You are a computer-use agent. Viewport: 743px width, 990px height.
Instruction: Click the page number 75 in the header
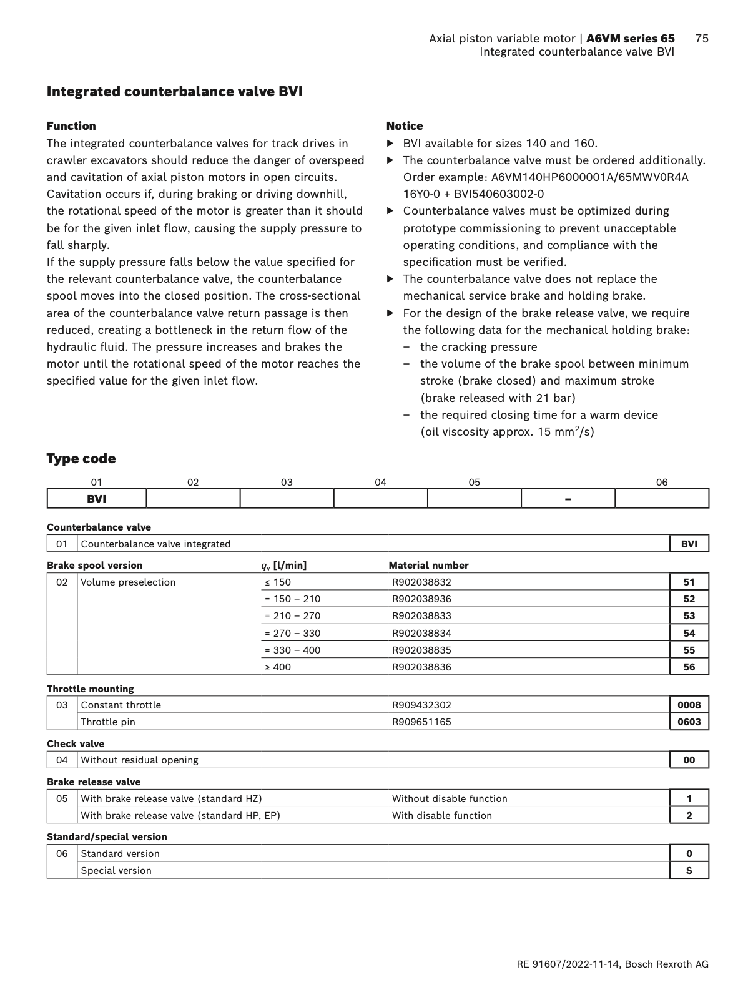click(701, 39)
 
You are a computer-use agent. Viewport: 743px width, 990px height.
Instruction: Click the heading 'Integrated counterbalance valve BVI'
click(175, 92)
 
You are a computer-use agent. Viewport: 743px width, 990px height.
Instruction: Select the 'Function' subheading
click(71, 126)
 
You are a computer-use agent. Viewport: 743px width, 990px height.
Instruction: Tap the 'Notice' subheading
click(405, 126)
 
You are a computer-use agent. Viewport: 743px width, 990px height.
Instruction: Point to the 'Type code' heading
click(81, 459)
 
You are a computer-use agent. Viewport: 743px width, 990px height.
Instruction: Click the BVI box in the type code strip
click(97, 499)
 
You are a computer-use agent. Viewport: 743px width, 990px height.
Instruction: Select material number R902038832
click(421, 582)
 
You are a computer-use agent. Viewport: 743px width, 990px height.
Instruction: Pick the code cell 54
click(689, 634)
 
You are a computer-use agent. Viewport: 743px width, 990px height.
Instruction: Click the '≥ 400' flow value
click(277, 667)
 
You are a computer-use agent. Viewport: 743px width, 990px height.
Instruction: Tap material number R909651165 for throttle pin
click(421, 722)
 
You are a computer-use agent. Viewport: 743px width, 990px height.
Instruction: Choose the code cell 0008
click(689, 705)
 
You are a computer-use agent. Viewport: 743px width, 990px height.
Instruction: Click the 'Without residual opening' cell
click(140, 760)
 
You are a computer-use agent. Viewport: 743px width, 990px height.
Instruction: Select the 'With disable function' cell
click(442, 816)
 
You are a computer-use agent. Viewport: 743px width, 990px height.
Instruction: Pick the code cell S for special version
click(689, 871)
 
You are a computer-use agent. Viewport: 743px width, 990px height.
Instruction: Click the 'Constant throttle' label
click(121, 705)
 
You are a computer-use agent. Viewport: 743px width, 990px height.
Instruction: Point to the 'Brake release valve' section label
click(94, 782)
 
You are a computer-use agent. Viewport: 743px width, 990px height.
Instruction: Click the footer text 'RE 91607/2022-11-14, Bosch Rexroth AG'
click(613, 964)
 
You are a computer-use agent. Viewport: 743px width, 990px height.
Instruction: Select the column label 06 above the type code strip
click(662, 482)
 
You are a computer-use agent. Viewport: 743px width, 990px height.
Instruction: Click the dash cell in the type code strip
click(568, 499)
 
